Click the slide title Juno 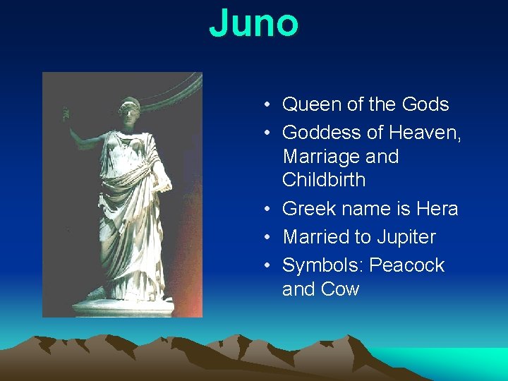click(254, 23)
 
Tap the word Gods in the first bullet click(425, 104)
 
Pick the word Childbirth click(324, 180)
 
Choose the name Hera click(437, 209)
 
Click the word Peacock click(407, 265)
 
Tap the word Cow click(341, 289)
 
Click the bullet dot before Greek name click(268, 210)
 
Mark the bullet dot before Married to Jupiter click(268, 238)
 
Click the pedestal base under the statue click(123, 306)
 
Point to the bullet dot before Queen click(268, 105)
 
